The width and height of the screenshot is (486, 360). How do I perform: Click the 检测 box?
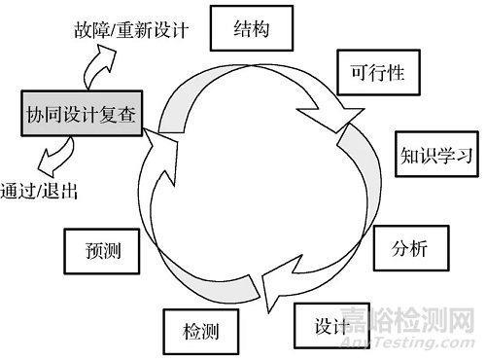tap(200, 332)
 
